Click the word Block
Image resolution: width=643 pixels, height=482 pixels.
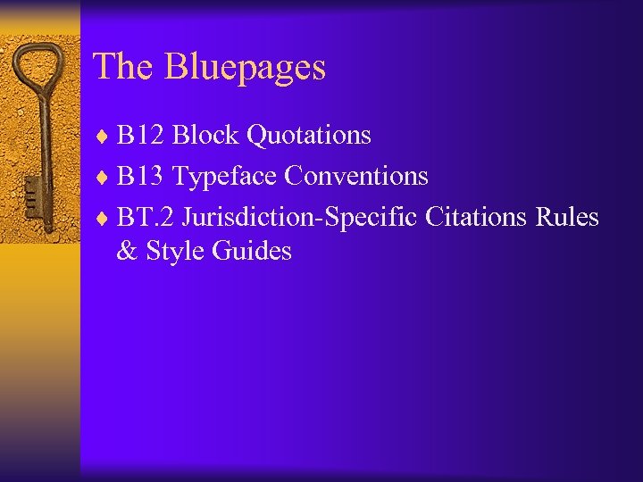click(x=205, y=136)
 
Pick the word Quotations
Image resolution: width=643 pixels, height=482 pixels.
click(x=308, y=136)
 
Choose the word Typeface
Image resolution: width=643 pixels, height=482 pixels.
click(x=224, y=178)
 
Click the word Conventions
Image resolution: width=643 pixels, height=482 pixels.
click(x=356, y=177)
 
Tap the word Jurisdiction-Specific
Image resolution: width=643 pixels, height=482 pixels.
click(x=302, y=219)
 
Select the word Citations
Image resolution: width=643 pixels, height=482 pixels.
click(x=477, y=218)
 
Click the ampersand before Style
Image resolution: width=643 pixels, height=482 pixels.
click(x=126, y=252)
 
